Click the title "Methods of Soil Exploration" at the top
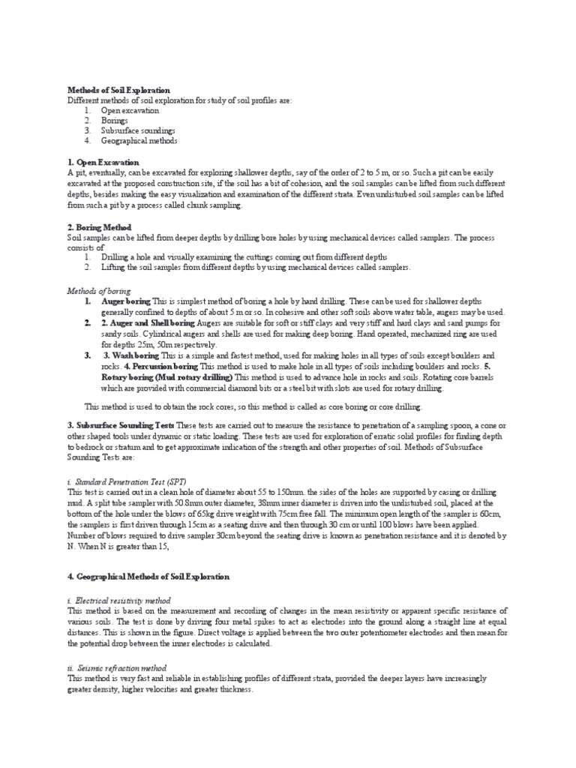pos(119,90)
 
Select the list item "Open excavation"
pos(130,110)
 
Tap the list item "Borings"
pos(115,120)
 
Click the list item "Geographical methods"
pos(139,140)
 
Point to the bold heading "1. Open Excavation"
pos(103,161)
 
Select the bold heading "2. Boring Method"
pos(99,226)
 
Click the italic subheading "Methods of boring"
pos(99,291)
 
